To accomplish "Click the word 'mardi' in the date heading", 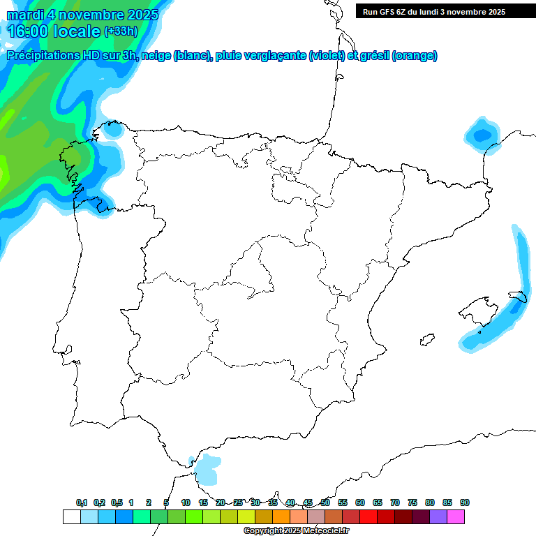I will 27,15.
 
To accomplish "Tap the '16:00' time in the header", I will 28,31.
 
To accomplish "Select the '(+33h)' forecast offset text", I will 121,31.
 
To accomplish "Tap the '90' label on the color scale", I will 465,502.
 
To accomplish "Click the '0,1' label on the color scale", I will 82,502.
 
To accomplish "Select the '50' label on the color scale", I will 325,502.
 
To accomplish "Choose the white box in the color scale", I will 71,516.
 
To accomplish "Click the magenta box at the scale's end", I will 456,516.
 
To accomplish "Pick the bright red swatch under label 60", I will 368,516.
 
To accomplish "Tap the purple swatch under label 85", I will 438,516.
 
